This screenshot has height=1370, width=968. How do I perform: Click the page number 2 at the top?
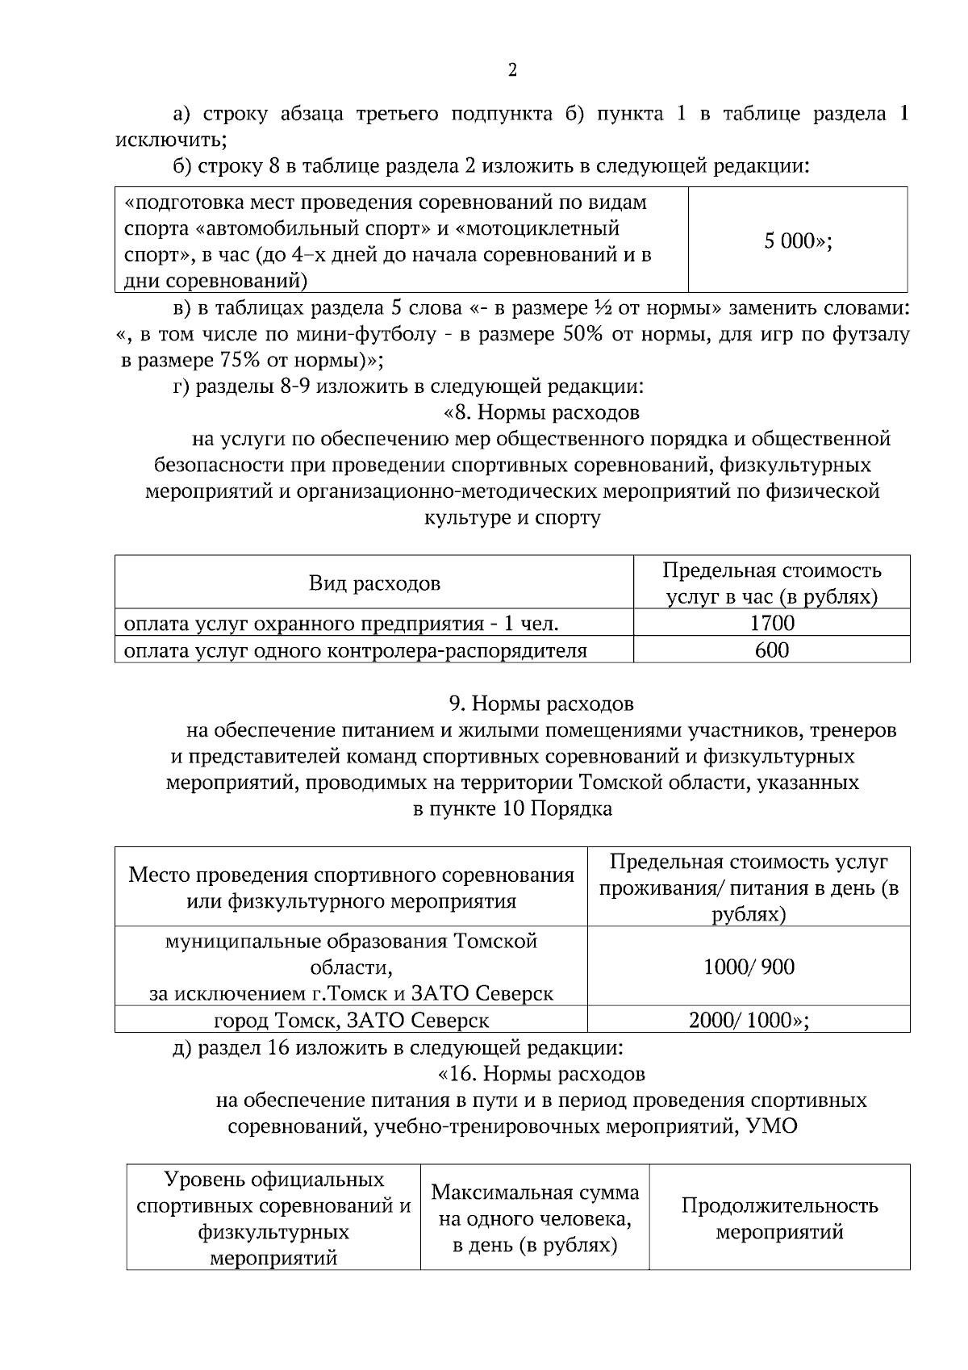(x=512, y=71)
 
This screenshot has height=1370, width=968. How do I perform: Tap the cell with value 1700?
(x=771, y=623)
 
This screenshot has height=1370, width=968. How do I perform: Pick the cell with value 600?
(x=771, y=649)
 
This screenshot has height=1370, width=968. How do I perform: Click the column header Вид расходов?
(x=374, y=583)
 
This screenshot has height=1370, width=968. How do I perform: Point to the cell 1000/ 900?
(x=749, y=966)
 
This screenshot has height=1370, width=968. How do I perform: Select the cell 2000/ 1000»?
(x=749, y=1020)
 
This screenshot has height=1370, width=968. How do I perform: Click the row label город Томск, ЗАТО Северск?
(x=351, y=1020)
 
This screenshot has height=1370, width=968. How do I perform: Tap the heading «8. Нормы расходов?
(x=541, y=412)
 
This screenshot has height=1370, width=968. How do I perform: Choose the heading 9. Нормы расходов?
(x=541, y=704)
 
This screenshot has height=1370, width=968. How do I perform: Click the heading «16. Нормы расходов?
(x=541, y=1074)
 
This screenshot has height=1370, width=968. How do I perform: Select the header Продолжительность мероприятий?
(x=779, y=1218)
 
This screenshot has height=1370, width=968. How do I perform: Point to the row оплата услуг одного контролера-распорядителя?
(x=355, y=649)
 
